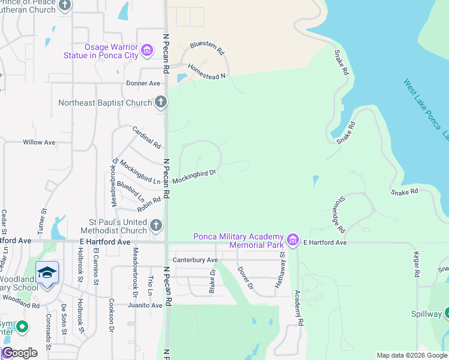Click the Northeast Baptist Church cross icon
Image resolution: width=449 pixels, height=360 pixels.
pyautogui.click(x=160, y=103)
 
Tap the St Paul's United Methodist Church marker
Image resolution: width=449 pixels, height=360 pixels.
pyautogui.click(x=155, y=226)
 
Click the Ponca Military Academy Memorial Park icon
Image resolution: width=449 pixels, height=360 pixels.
pyautogui.click(x=293, y=241)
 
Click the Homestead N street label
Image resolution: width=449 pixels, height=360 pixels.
pyautogui.click(x=206, y=71)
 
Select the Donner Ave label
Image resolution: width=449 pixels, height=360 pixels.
pyautogui.click(x=143, y=83)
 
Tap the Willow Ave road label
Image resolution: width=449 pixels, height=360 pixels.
pyautogui.click(x=39, y=142)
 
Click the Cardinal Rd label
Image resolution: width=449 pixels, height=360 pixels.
pyautogui.click(x=147, y=137)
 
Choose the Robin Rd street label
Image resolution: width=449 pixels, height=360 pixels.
pyautogui.click(x=149, y=205)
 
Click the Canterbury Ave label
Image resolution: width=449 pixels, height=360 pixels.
pyautogui.click(x=195, y=260)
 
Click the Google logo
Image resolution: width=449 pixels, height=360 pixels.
pyautogui.click(x=19, y=353)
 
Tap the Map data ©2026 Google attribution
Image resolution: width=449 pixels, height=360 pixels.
pyautogui.click(x=412, y=355)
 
